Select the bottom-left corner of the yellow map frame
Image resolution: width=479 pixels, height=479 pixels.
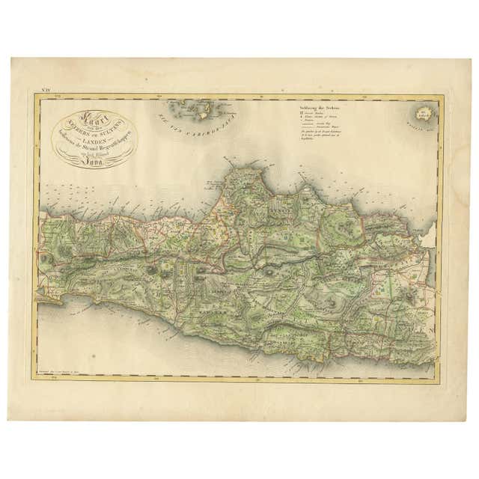click(x=34, y=379)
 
